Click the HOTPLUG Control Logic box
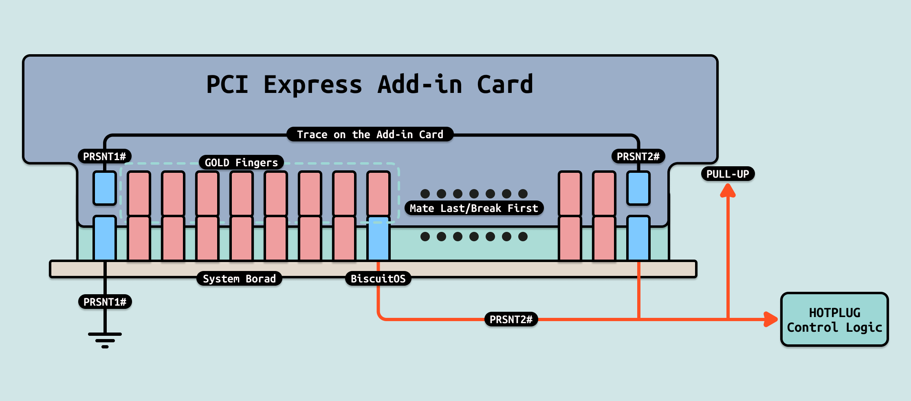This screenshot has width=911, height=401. (x=834, y=319)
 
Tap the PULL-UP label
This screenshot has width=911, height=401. (x=728, y=174)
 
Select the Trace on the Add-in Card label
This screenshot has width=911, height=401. (x=370, y=134)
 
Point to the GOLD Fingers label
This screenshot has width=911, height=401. (x=241, y=163)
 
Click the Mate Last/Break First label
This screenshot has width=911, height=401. (x=474, y=208)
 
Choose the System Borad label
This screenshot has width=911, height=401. (x=239, y=279)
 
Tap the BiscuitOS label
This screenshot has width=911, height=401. (x=378, y=279)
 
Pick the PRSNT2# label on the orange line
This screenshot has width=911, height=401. (x=511, y=319)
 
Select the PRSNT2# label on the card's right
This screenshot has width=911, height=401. (x=638, y=156)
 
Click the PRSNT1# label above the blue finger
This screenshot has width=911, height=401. (x=105, y=156)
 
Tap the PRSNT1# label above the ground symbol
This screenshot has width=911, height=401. (x=105, y=302)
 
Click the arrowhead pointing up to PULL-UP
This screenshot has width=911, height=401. (x=728, y=191)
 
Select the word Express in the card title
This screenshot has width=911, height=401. (x=312, y=85)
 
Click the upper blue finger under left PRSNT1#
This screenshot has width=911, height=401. (x=105, y=188)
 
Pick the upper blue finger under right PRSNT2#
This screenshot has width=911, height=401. (x=638, y=188)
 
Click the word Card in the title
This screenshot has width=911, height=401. (x=505, y=85)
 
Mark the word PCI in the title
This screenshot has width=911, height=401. (x=227, y=85)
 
